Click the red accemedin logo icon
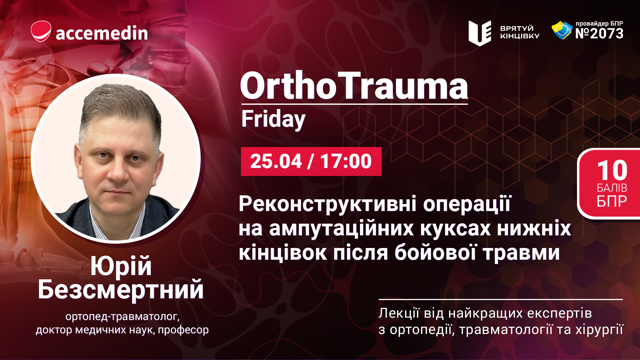click(41, 31)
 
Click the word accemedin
click(102, 33)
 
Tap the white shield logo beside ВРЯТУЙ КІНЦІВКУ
click(480, 33)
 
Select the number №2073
click(599, 33)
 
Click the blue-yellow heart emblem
click(562, 30)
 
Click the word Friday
click(273, 119)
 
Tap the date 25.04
click(276, 161)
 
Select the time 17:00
click(346, 161)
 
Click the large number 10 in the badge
click(612, 170)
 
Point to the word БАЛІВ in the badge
click(612, 188)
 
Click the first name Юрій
click(121, 266)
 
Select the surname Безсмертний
click(121, 290)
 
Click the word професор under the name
click(183, 330)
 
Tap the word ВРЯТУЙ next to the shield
click(517, 28)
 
